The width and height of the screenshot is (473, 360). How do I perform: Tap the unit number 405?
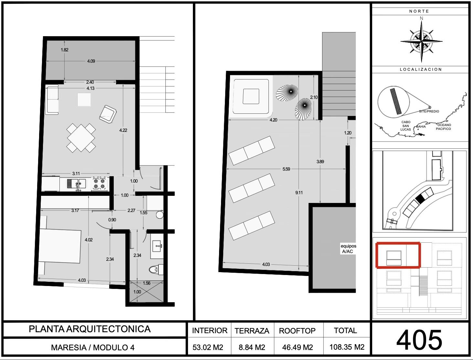click(x=419, y=340)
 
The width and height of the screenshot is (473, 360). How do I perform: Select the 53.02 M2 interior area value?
click(x=208, y=347)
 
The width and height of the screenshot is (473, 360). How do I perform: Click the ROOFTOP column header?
click(x=297, y=331)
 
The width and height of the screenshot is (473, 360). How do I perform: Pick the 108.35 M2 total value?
click(x=347, y=347)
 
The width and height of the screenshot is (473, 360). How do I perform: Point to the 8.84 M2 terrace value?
click(x=252, y=347)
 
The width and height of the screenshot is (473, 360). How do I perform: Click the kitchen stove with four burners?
click(x=100, y=183)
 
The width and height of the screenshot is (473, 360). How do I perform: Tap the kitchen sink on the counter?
click(x=77, y=184)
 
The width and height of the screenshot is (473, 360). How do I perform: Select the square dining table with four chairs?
click(x=81, y=138)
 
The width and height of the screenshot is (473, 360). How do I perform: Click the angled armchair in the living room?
click(x=108, y=114)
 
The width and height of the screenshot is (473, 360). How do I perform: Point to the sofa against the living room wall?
click(x=52, y=100)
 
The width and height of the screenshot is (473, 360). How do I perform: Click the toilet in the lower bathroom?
click(x=156, y=269)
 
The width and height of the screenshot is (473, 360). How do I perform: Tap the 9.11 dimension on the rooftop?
click(x=299, y=193)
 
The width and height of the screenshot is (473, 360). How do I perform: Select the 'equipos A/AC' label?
click(x=348, y=249)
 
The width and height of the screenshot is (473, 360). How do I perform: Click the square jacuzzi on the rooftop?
click(x=251, y=96)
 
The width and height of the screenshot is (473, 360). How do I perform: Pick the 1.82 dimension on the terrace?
click(x=64, y=50)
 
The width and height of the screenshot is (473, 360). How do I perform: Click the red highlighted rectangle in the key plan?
click(x=398, y=255)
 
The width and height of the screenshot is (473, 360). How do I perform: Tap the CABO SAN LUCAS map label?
click(x=405, y=126)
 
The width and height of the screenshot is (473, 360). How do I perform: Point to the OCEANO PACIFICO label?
click(x=444, y=127)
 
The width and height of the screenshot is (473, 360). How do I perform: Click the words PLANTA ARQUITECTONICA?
click(x=89, y=329)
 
